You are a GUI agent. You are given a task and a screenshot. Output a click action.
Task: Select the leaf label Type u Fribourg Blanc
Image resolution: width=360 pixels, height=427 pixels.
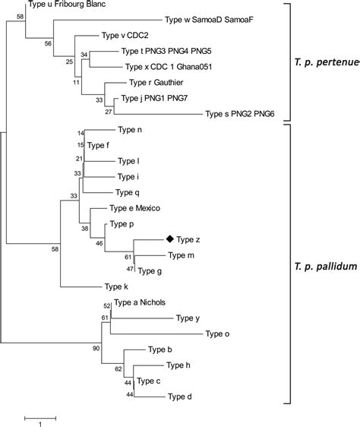pos(66,5)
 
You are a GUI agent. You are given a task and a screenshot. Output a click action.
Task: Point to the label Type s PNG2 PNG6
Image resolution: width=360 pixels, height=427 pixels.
pos(241,114)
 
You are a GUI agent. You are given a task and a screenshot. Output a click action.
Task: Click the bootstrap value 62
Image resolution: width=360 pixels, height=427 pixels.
pos(118,368)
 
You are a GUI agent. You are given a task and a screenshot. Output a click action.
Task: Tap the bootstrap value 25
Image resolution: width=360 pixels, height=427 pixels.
pos(69,61)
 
